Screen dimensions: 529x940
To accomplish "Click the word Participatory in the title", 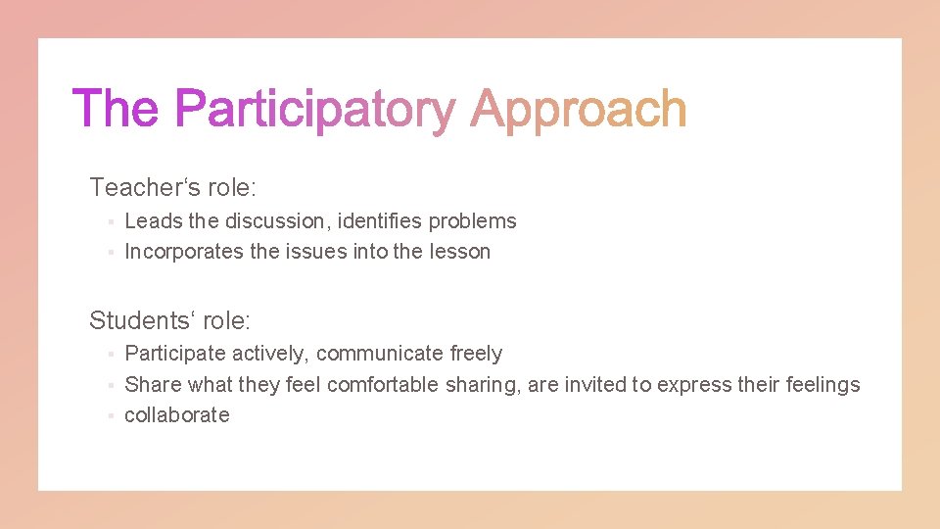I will point(314,110).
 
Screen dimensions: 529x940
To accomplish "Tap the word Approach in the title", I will point(578,110).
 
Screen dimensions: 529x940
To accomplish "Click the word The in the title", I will point(116,108).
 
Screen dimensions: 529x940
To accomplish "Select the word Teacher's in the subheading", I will point(145,186).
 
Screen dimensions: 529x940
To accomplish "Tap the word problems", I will point(472,222).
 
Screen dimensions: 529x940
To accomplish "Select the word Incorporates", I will point(184,252).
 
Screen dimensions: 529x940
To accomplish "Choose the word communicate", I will point(380,354).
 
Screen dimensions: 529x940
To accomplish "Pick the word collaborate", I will point(177,415).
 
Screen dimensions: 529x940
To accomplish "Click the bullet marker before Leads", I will point(112,222).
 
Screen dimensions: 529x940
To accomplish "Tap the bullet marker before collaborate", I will point(112,416).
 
